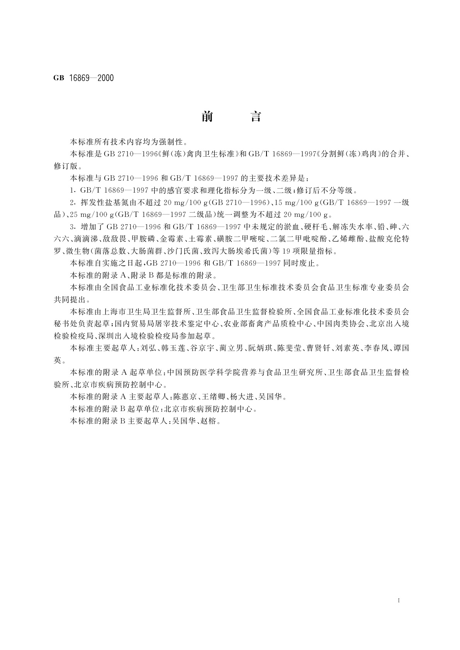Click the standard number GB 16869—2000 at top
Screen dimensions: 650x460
[83, 78]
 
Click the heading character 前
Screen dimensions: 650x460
[207, 117]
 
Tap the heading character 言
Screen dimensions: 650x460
[256, 117]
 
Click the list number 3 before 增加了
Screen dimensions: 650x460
[72, 227]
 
